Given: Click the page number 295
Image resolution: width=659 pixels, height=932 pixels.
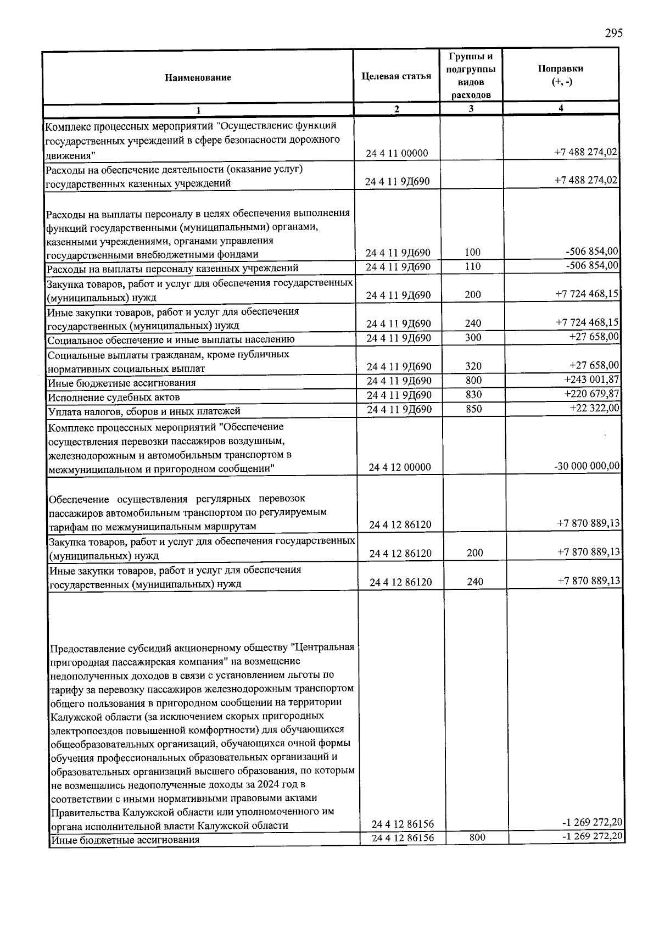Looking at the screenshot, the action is pyautogui.click(x=614, y=34).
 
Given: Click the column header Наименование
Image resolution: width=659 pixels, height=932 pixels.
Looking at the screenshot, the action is pyautogui.click(x=198, y=77).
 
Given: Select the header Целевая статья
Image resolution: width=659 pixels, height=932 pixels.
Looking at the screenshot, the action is pyautogui.click(x=396, y=76).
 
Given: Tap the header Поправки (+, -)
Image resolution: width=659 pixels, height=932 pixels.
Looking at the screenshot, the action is pyautogui.click(x=560, y=75).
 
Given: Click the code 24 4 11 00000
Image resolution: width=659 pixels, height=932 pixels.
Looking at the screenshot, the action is pyautogui.click(x=397, y=153).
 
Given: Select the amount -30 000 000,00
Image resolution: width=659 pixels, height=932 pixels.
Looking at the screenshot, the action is pyautogui.click(x=587, y=466).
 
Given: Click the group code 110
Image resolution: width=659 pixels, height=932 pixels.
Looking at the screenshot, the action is pyautogui.click(x=472, y=266).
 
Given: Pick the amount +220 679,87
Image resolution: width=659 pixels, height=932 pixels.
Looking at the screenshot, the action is pyautogui.click(x=591, y=393).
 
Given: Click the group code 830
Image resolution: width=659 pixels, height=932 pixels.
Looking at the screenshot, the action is pyautogui.click(x=473, y=394).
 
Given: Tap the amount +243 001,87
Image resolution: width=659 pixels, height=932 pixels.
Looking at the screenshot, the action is pyautogui.click(x=591, y=380).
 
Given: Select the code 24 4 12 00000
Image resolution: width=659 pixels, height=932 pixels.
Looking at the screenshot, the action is pyautogui.click(x=400, y=467).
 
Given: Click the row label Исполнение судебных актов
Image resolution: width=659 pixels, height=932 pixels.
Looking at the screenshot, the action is pyautogui.click(x=114, y=397).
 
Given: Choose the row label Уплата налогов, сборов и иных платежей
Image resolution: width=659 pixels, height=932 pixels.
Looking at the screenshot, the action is pyautogui.click(x=144, y=411).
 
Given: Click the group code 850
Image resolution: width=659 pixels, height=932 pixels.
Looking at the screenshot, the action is pyautogui.click(x=473, y=409).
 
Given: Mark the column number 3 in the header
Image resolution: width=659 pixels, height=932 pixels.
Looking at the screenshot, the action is pyautogui.click(x=471, y=109).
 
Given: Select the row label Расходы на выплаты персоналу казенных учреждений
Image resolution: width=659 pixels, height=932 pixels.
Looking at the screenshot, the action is pyautogui.click(x=172, y=268).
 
